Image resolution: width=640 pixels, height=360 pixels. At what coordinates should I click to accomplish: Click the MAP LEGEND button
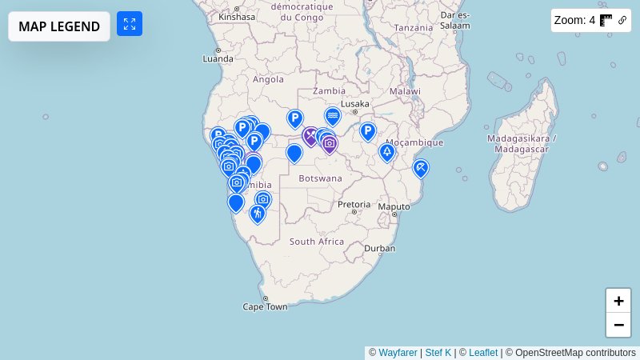pyautogui.click(x=59, y=26)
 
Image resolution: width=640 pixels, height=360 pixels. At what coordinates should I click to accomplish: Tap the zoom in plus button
pyautogui.click(x=618, y=301)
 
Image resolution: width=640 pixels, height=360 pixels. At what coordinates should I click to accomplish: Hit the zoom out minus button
pyautogui.click(x=618, y=325)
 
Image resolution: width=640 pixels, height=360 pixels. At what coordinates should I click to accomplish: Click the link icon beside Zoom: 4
pyautogui.click(x=622, y=21)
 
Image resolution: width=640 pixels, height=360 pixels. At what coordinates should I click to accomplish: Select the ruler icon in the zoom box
pyautogui.click(x=606, y=21)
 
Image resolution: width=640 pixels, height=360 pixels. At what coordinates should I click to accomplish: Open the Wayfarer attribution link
pyautogui.click(x=398, y=352)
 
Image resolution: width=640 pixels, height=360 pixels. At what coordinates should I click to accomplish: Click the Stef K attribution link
pyautogui.click(x=438, y=352)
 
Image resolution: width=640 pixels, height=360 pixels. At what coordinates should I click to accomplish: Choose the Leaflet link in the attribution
pyautogui.click(x=483, y=352)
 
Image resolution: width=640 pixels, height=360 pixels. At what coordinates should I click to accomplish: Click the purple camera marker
pyautogui.click(x=330, y=143)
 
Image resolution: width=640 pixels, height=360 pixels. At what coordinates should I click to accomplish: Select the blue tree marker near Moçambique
pyautogui.click(x=387, y=151)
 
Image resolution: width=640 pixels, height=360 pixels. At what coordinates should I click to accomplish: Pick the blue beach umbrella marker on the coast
pyautogui.click(x=420, y=167)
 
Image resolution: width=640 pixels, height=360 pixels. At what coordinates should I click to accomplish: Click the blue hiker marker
pyautogui.click(x=257, y=213)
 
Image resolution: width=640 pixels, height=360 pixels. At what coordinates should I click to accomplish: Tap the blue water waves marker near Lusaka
pyautogui.click(x=333, y=116)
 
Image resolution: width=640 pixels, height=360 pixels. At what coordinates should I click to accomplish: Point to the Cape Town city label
pyautogui.click(x=265, y=306)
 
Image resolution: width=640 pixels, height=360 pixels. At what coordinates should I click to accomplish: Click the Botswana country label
pyautogui.click(x=320, y=178)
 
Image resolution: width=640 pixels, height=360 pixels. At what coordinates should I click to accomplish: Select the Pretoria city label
pyautogui.click(x=354, y=204)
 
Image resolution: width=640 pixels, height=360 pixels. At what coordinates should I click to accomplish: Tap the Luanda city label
pyautogui.click(x=218, y=58)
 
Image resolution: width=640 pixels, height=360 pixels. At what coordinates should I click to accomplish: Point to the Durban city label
pyautogui.click(x=379, y=248)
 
